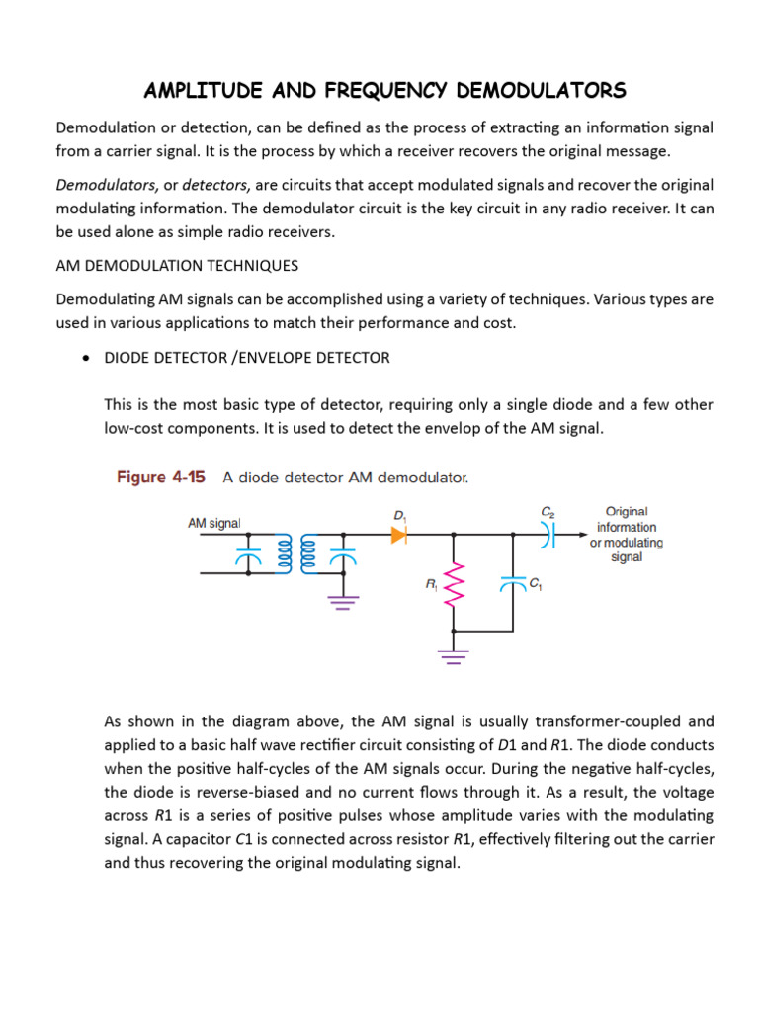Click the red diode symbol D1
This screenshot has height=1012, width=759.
click(x=398, y=534)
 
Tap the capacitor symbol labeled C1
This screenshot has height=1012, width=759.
click(x=513, y=583)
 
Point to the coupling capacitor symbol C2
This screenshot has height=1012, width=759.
click(x=548, y=534)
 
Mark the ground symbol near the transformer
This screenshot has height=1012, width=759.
click(x=343, y=601)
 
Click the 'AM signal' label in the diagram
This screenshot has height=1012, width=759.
click(x=214, y=523)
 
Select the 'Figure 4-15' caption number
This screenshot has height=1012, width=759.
click(x=161, y=477)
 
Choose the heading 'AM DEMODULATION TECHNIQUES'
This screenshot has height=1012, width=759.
click(x=177, y=266)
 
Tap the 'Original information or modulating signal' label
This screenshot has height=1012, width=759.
click(x=626, y=534)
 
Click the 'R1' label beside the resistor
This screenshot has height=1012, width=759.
click(x=432, y=584)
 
